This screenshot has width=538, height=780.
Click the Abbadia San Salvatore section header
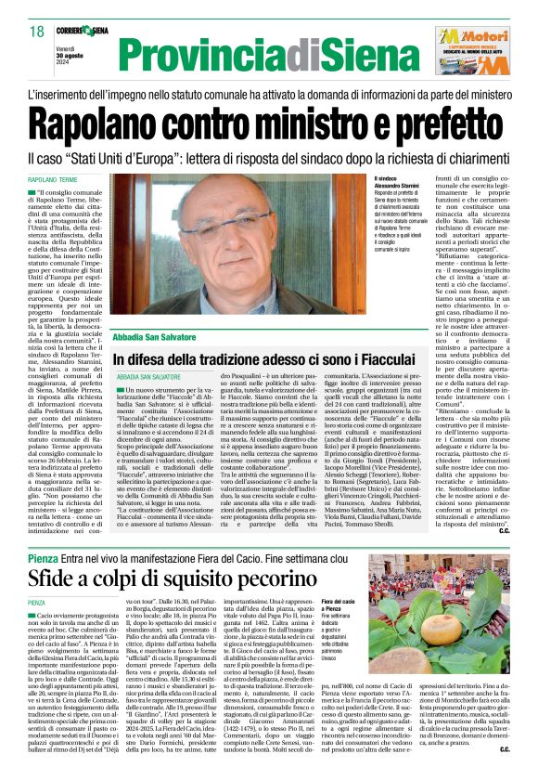[x=159, y=336]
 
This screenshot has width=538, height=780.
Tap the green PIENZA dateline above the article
[x=37, y=577]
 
